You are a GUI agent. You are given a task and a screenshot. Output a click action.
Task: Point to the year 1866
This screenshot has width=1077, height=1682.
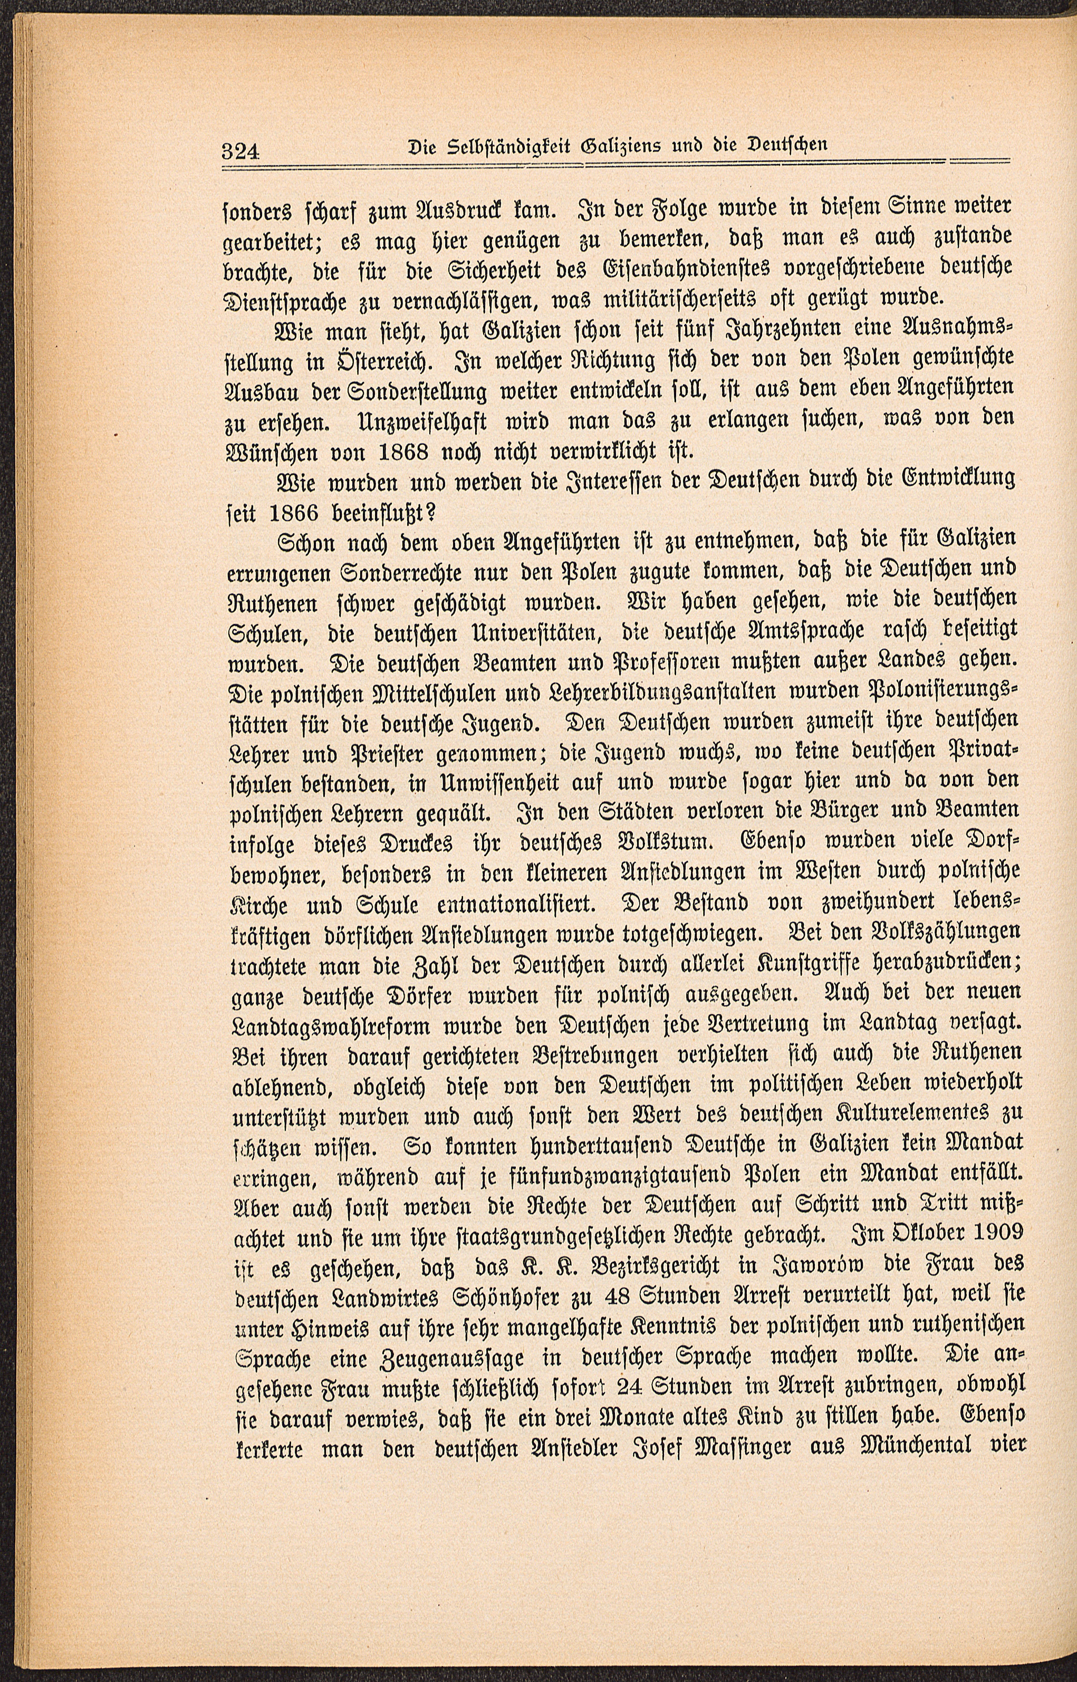tap(318, 512)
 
